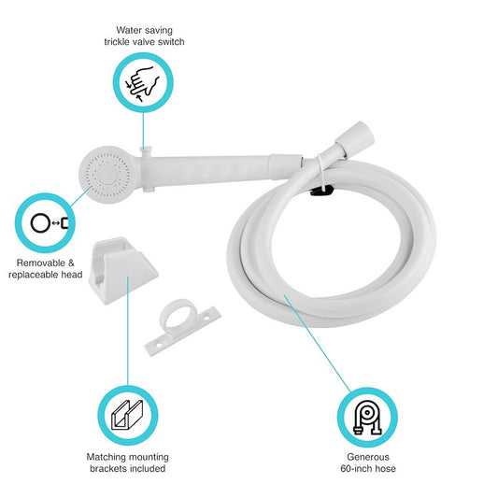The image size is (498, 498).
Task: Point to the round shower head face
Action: click(105, 173)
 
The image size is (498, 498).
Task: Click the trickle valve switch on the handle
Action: click(145, 149)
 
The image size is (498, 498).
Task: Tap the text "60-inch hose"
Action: click(366, 469)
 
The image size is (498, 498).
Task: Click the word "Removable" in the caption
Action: click(37, 263)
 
